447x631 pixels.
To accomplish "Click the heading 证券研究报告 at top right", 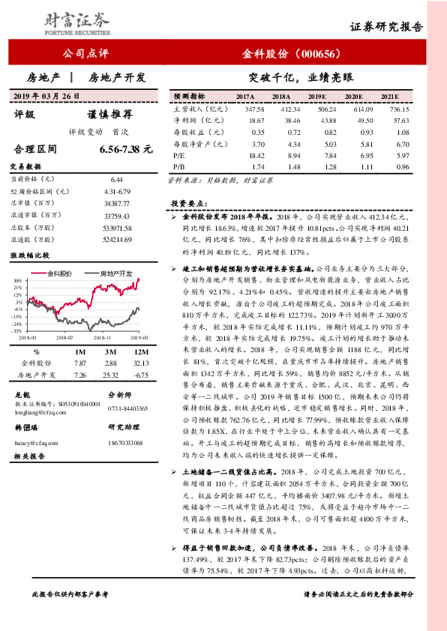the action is coord(386,27).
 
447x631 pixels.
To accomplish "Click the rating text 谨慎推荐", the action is coord(110,115).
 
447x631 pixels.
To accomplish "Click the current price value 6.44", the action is coord(115,180).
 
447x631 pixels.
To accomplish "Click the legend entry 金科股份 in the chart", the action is coord(59,274).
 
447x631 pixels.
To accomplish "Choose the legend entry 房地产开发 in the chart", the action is coord(115,274).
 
